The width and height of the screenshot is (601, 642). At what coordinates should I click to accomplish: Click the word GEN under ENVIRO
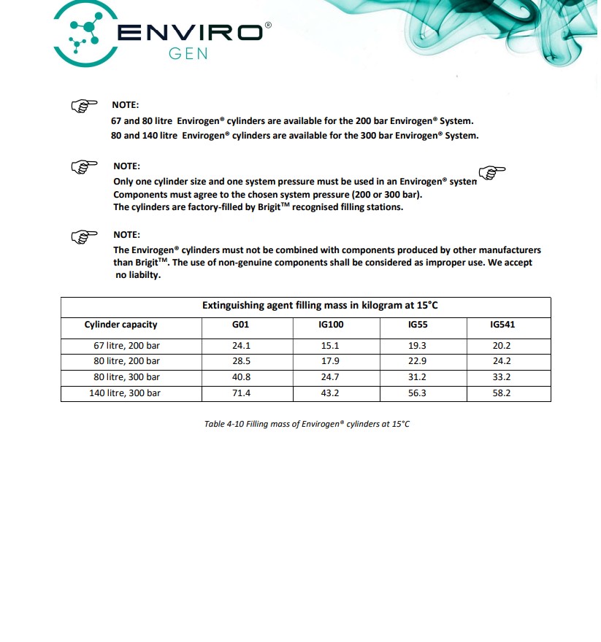(x=188, y=54)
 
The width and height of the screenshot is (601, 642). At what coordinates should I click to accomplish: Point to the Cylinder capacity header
(x=120, y=325)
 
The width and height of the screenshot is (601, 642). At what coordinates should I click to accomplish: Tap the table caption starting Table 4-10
(x=307, y=424)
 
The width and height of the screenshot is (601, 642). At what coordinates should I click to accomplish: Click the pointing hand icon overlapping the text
(x=494, y=173)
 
